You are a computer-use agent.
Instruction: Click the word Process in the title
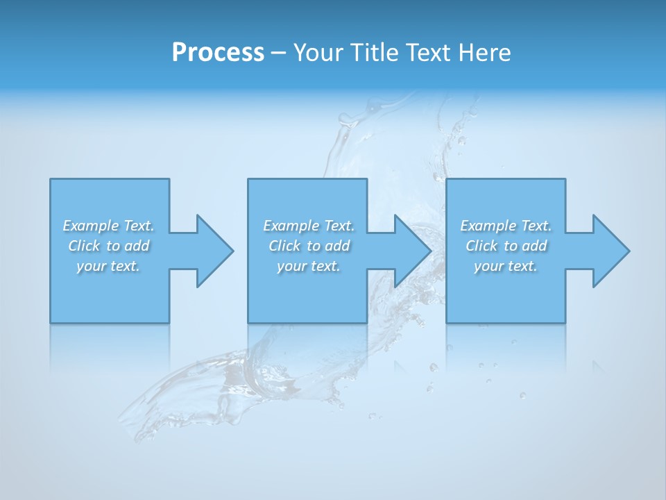point(218,53)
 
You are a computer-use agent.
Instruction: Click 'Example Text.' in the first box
point(108,226)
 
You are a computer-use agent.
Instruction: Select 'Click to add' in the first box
point(108,246)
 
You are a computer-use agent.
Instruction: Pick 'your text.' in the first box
point(108,266)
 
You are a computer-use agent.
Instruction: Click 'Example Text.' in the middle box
point(309,226)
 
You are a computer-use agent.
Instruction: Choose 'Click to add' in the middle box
point(309,246)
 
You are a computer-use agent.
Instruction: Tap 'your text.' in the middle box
point(309,266)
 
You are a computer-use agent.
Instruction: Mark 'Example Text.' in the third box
point(506,226)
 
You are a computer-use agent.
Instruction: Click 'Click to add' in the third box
point(506,246)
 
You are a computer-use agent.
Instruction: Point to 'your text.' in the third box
point(506,266)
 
